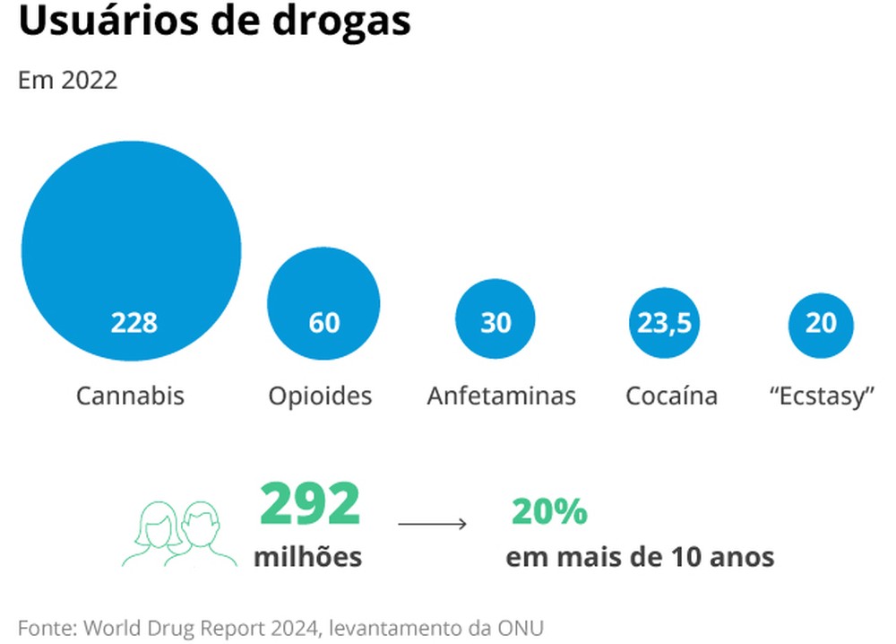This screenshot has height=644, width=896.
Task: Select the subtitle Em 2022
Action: pos(67,80)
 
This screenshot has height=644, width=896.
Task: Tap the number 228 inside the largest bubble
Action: pos(134,323)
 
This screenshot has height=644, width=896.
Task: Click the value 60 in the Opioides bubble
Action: pos(323,323)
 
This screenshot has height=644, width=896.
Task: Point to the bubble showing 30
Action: pos(495,321)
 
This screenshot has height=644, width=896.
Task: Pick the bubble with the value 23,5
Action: pos(664,322)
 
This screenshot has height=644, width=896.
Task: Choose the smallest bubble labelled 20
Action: pos(821,323)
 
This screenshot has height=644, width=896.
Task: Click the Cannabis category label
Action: pos(130,396)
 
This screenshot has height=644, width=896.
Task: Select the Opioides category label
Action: pos(320,396)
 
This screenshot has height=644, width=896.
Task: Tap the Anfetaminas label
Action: pos(501,396)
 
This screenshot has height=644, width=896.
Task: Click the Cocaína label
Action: pos(671,396)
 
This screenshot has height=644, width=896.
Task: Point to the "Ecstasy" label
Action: pos(822,396)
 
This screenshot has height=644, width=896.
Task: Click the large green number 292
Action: pos(309,505)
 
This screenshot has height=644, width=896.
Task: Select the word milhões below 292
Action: pos(308,556)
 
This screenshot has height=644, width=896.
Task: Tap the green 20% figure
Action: pos(549,512)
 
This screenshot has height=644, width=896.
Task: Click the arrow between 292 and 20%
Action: pos(432,523)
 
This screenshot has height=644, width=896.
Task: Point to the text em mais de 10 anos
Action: pos(640,556)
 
